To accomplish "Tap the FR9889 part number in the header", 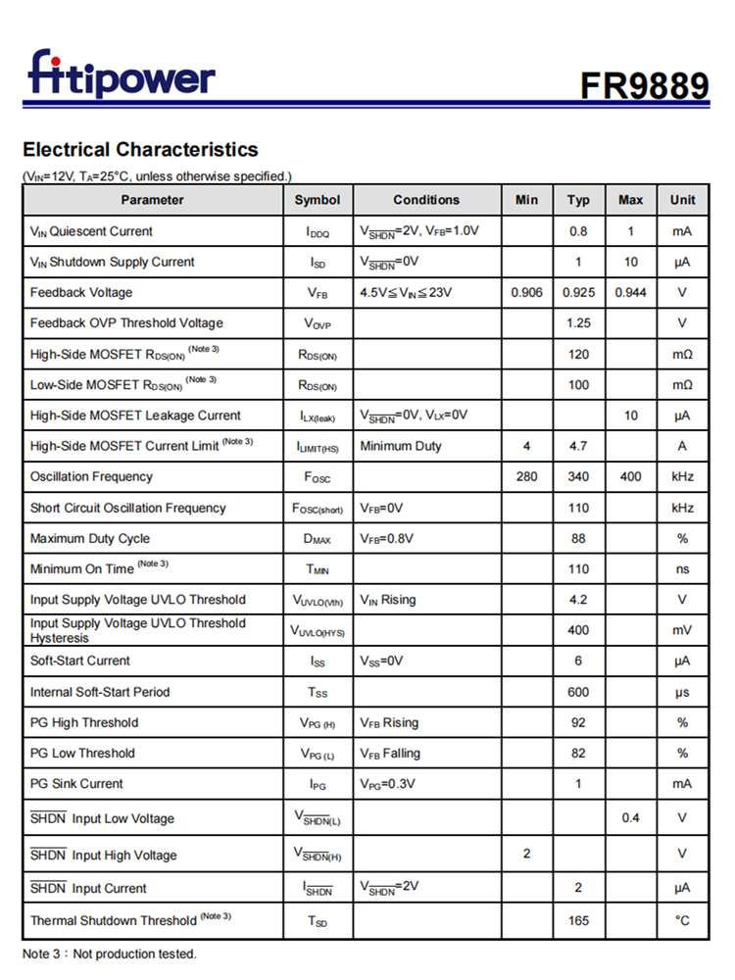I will coord(644,85).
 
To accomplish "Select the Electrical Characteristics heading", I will coord(140,150).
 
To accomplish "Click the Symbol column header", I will coord(318,200).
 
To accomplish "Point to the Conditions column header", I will coord(426,200).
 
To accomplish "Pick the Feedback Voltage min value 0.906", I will coord(526,292).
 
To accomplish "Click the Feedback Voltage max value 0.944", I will coord(630,292).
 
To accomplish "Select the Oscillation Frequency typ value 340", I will coord(578,476).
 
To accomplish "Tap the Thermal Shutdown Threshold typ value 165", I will coord(578,920).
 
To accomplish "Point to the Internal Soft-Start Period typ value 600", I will coord(578,692).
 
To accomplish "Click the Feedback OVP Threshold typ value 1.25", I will coord(578,322).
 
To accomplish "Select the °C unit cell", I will coord(682,920).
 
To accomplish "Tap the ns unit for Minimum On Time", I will coord(682,568).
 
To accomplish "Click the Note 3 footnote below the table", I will coord(109,954).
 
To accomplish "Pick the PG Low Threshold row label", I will coord(82,753).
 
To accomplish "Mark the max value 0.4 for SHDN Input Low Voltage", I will coord(630,817).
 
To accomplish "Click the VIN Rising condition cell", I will coord(388,599).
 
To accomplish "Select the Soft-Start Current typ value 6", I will coord(578,661).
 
